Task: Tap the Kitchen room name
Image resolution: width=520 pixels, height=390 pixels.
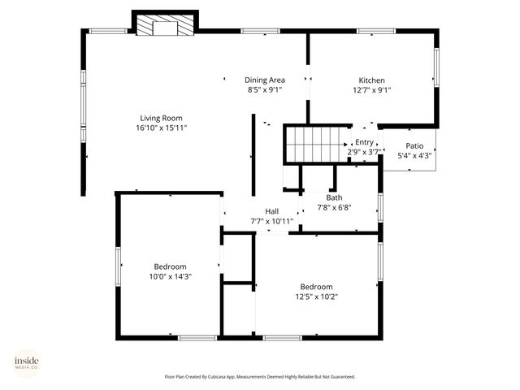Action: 371,80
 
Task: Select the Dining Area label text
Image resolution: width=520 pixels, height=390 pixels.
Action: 265,80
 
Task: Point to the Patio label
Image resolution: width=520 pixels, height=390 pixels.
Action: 414,146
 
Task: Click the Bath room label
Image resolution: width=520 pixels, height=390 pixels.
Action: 334,197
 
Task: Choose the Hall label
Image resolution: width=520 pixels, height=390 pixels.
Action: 272,211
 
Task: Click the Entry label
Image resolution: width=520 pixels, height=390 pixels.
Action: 363,142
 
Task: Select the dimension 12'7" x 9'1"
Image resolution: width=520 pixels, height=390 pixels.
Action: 371,91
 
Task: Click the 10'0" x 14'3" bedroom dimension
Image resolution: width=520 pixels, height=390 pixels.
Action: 171,277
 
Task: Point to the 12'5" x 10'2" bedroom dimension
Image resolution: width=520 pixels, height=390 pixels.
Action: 316,297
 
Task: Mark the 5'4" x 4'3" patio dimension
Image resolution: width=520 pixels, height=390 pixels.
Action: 414,156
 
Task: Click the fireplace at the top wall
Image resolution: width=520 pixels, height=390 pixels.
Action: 166,25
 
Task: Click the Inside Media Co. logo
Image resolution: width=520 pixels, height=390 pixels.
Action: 26,363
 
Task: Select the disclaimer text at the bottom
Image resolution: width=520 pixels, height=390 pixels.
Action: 260,377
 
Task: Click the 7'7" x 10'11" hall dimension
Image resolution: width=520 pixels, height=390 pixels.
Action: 272,221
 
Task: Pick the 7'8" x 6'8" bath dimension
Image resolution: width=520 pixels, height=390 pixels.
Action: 334,208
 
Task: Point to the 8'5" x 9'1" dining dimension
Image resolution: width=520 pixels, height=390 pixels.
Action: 265,91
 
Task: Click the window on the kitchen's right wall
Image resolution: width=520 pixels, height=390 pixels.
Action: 435,72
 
